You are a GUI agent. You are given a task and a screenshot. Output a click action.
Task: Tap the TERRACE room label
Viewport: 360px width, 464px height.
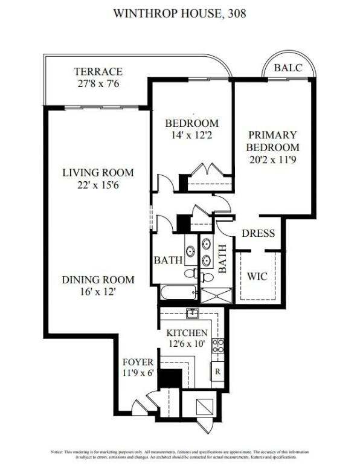[x=98, y=71]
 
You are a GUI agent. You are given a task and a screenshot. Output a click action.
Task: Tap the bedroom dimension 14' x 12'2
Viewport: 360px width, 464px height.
[x=191, y=136]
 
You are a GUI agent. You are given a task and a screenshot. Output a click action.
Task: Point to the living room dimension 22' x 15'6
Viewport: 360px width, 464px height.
[x=97, y=185]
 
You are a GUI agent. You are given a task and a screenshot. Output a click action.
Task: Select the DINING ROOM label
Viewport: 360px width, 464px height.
[x=97, y=280]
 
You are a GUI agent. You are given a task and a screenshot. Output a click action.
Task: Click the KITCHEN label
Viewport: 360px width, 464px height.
[x=187, y=333]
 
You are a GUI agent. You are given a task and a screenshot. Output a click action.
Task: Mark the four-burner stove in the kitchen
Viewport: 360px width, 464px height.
[x=218, y=346]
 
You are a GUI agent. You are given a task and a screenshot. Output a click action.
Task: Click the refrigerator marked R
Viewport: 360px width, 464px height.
[x=217, y=370]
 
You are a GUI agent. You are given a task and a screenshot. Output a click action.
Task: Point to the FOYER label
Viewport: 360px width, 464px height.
[x=138, y=362]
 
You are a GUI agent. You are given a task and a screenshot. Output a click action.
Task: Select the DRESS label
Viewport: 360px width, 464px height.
[x=259, y=234]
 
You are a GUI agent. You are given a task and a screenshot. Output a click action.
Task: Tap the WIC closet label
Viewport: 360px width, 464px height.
[x=257, y=277]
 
